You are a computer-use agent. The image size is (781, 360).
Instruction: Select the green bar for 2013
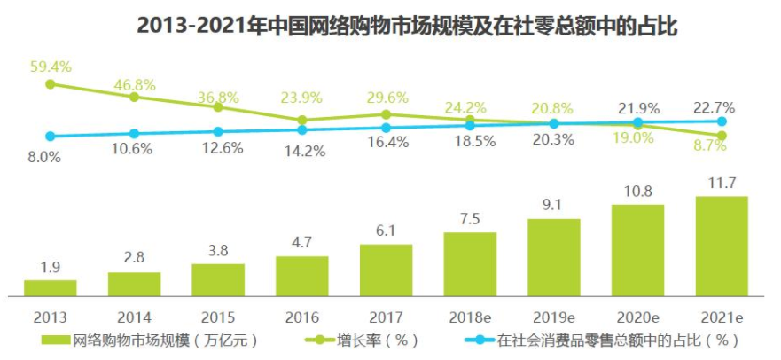click(50, 286)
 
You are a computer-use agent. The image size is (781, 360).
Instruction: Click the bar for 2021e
click(722, 246)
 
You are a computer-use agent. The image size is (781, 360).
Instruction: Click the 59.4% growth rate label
click(51, 66)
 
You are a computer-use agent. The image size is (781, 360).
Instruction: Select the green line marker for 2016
click(302, 120)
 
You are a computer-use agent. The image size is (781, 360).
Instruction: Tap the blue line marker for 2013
click(51, 137)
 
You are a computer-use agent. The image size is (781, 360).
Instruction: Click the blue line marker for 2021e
click(722, 121)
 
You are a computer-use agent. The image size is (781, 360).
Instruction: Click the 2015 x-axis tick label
click(218, 317)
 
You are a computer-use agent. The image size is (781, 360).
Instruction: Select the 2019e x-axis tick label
click(554, 317)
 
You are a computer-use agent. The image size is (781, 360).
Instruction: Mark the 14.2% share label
click(302, 151)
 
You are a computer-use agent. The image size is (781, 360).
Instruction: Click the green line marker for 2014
click(135, 96)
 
